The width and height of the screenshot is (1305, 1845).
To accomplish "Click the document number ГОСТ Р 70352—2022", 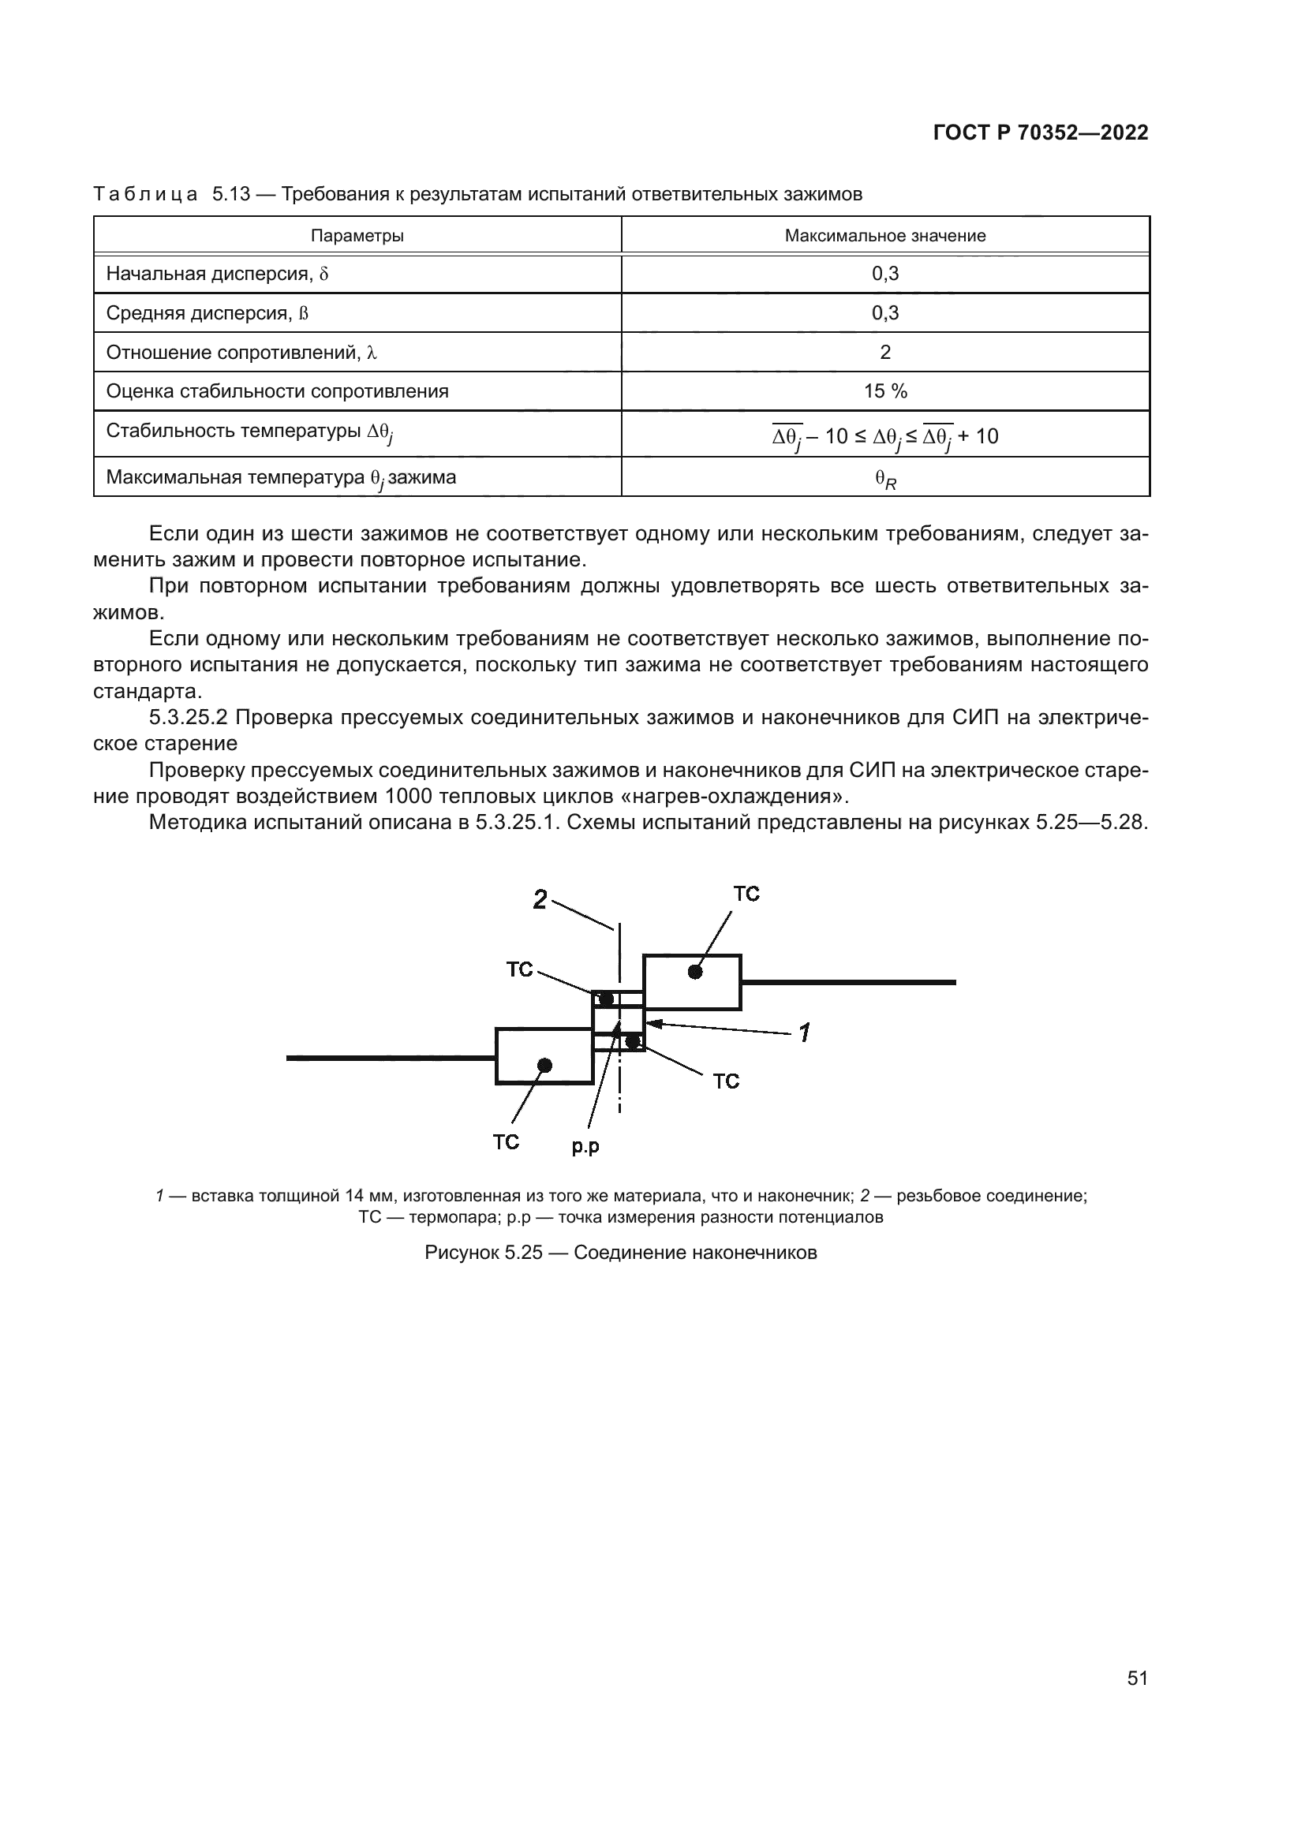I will click(1040, 133).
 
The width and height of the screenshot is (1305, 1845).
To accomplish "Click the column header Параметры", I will click(357, 235).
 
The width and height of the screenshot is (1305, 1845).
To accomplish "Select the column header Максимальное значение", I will click(884, 235).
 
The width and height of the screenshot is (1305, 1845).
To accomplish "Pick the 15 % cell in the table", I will click(884, 391).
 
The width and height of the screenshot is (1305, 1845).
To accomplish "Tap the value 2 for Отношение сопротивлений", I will click(884, 352).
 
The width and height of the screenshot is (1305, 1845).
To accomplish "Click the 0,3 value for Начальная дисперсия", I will click(884, 274).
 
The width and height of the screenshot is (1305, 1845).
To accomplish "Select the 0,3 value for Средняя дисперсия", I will click(884, 312).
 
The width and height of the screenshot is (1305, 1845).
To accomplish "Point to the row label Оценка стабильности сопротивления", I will click(277, 391).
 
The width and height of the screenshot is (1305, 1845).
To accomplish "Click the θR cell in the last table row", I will click(884, 479).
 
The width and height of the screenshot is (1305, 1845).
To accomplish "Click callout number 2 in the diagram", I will click(540, 899).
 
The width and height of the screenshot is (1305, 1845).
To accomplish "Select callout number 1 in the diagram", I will click(804, 1032).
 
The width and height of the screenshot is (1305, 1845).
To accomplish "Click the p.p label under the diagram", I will click(585, 1147).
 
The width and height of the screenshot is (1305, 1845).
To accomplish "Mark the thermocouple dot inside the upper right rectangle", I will click(695, 972).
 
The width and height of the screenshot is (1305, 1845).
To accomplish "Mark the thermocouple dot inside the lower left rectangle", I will click(545, 1065).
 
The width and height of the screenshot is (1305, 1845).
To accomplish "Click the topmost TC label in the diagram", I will click(746, 894).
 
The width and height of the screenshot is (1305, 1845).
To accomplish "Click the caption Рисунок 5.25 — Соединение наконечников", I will click(620, 1252).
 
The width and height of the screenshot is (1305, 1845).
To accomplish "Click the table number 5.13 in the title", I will click(231, 195).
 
